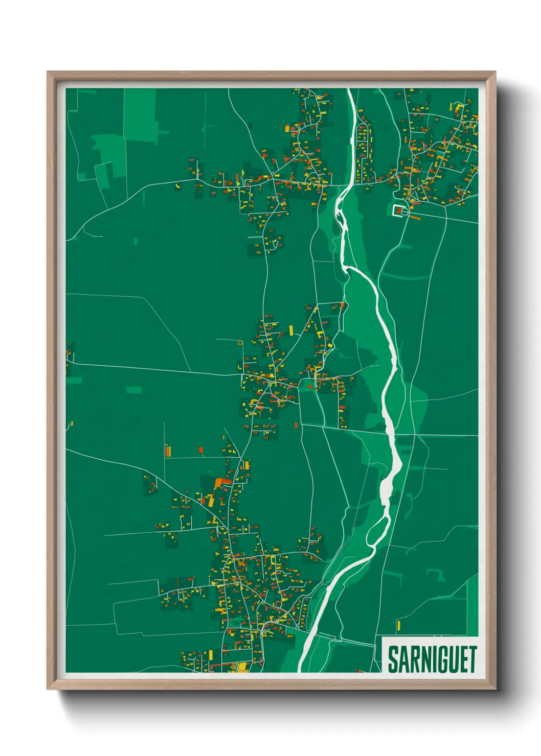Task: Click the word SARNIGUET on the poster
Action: coord(432,659)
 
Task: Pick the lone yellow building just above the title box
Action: coord(398,625)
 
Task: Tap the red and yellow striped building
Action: coord(167,451)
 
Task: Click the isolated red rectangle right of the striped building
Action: coord(201,450)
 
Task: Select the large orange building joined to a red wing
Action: coord(222,482)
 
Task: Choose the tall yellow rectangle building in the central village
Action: coord(291,330)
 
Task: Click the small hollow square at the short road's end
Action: coord(240,343)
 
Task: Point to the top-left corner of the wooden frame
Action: coord(48,72)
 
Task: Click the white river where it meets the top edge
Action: coord(350,90)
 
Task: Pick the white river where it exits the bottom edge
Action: coord(302,670)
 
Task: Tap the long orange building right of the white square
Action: coord(414,217)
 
